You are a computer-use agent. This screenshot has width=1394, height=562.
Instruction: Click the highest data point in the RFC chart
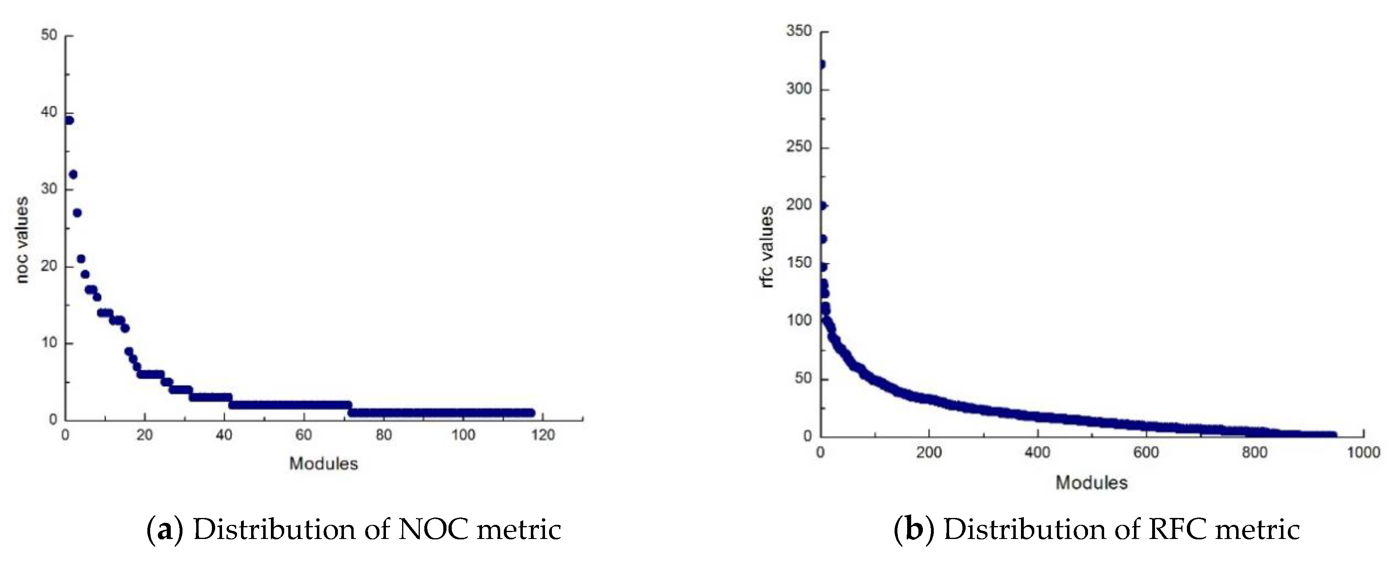(822, 64)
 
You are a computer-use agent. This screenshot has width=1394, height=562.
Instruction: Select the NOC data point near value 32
(73, 175)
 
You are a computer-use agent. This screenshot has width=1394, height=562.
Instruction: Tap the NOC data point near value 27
(77, 213)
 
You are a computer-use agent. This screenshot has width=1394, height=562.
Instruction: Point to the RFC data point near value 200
(822, 206)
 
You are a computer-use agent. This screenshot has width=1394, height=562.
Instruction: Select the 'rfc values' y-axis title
(767, 247)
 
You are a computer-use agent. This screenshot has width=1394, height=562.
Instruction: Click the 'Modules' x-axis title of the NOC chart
(324, 463)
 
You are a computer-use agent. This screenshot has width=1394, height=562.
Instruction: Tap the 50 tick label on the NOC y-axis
(49, 35)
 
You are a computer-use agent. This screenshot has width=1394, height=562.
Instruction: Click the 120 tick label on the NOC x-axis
(543, 435)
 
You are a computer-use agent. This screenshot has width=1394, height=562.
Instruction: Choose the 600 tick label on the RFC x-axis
(1146, 452)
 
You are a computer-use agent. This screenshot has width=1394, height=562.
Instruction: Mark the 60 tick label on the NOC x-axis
(304, 435)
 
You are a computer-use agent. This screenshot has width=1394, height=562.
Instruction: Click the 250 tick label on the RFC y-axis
(799, 147)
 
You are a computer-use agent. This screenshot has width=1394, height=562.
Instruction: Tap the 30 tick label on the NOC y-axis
(49, 189)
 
